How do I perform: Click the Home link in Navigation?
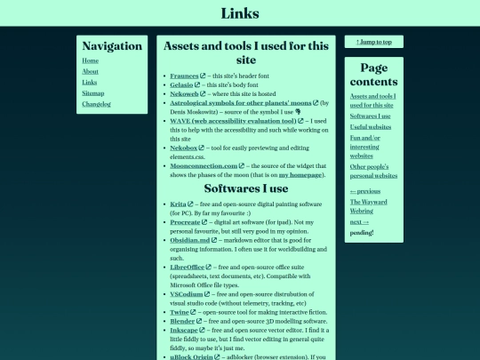90,60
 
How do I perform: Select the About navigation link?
90,71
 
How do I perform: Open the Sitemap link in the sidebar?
92,92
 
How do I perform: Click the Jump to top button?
373,42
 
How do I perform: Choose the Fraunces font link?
184,76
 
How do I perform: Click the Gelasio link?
182,85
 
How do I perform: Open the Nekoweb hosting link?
184,94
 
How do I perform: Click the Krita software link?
178,204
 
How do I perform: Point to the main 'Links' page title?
240,13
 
